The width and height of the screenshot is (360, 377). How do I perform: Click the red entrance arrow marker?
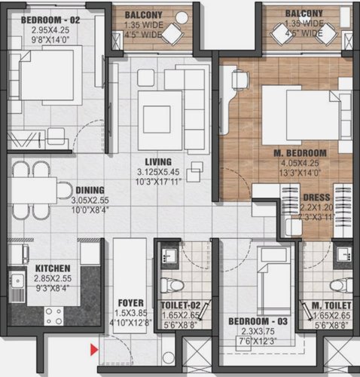coord(93,348)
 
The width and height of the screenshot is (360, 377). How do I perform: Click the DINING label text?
coord(90,190)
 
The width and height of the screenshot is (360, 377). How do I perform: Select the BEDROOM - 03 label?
coord(258,321)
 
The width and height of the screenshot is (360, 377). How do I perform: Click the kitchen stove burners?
coord(53,311)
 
